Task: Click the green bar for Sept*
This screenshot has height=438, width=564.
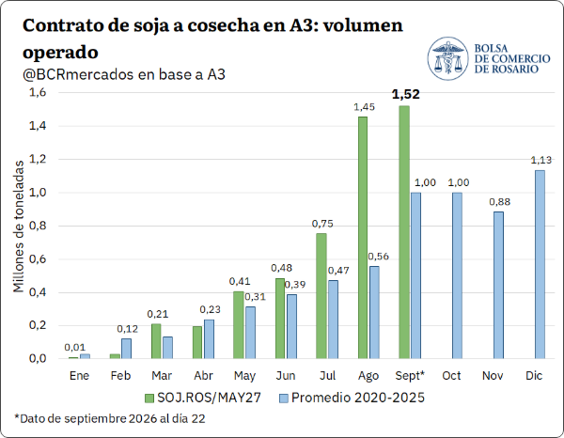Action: [404, 232]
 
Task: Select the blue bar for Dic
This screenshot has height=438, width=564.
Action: [540, 264]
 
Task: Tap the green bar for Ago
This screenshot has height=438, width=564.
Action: [363, 238]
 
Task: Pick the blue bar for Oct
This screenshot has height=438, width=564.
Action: [457, 275]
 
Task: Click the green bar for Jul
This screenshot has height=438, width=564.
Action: [321, 296]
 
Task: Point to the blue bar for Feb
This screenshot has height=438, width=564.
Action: [126, 349]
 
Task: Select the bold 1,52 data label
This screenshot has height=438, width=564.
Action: [406, 94]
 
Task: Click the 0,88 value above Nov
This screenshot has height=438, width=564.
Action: [500, 202]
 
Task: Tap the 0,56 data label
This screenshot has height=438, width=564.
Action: [379, 257]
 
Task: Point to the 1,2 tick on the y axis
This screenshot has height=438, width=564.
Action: [38, 159]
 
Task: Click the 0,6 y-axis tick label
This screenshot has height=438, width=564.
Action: [38, 258]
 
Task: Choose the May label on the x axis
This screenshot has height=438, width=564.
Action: [244, 376]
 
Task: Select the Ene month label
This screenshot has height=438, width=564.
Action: [79, 375]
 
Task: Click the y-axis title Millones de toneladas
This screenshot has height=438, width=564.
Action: [19, 227]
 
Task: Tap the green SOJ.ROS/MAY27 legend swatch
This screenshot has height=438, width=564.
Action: [149, 399]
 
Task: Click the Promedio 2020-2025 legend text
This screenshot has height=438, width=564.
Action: [358, 398]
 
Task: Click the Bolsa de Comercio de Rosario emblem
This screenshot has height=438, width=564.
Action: [447, 58]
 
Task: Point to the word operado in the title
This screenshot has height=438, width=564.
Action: [60, 53]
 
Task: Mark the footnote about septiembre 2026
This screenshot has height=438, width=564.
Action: [110, 418]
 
